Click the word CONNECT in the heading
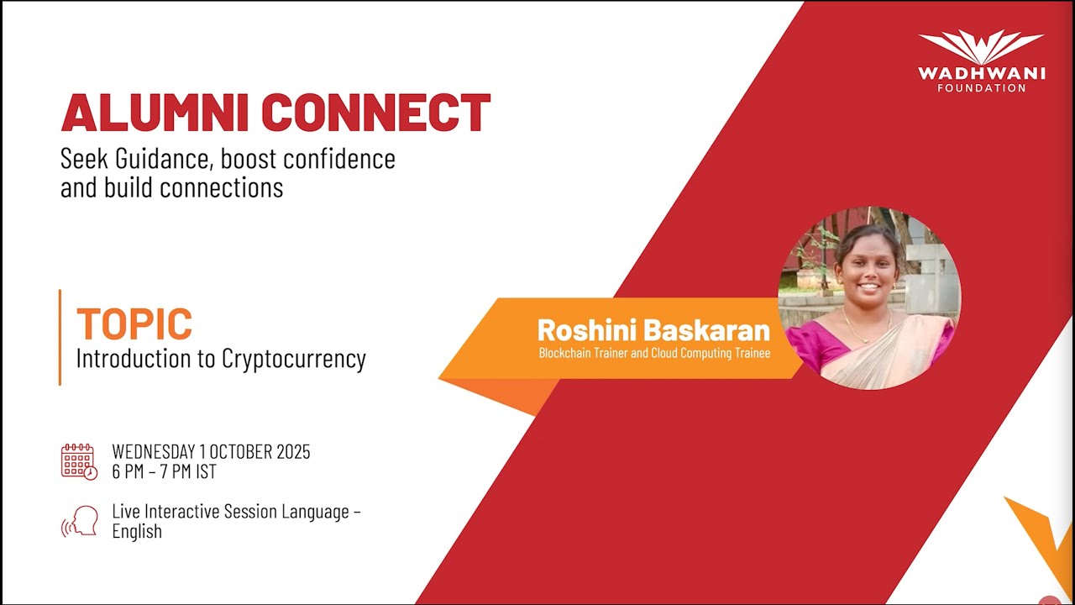375,113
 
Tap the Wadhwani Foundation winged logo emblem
982,47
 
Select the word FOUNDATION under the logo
982,88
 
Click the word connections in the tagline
221,187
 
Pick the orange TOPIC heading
134,324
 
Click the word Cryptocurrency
294,359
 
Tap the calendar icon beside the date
79,461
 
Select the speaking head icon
80,522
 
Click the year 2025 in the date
293,452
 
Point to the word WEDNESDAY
154,452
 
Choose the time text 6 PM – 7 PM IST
164,471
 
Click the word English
137,532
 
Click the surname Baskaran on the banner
706,330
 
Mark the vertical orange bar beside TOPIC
60,337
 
